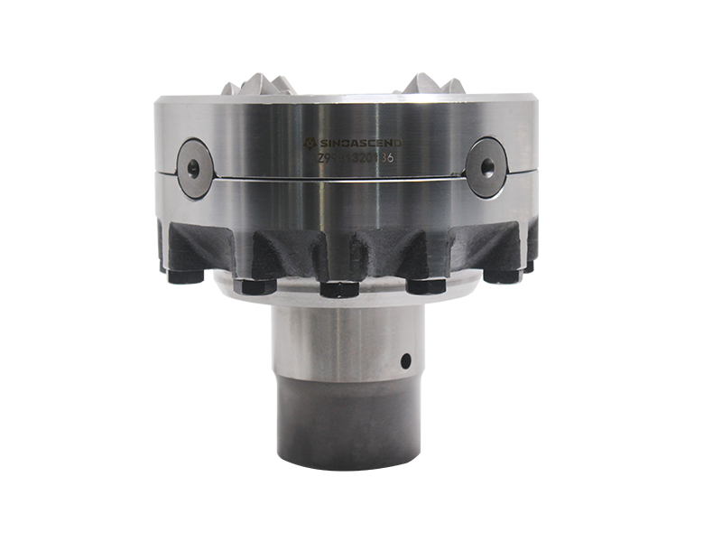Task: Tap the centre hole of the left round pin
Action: click(x=194, y=165)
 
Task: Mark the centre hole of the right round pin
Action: click(x=487, y=165)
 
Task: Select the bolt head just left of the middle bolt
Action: click(x=255, y=285)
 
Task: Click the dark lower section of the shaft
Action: click(x=347, y=425)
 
